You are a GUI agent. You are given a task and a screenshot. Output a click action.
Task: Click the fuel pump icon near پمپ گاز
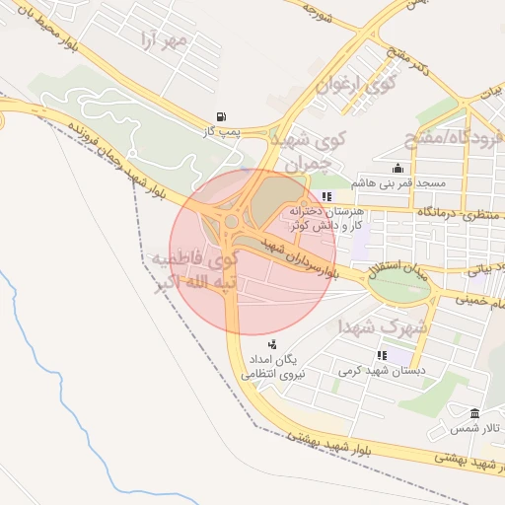click(x=230, y=115)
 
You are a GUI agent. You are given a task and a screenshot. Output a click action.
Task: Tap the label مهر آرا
click(x=164, y=40)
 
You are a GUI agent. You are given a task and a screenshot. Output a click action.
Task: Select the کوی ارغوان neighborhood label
click(x=354, y=89)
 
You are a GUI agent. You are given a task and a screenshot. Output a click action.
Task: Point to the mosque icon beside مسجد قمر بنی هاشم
click(x=397, y=168)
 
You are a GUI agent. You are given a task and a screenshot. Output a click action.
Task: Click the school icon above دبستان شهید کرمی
click(x=381, y=355)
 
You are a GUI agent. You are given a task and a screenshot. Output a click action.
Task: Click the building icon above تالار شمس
click(x=474, y=413)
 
